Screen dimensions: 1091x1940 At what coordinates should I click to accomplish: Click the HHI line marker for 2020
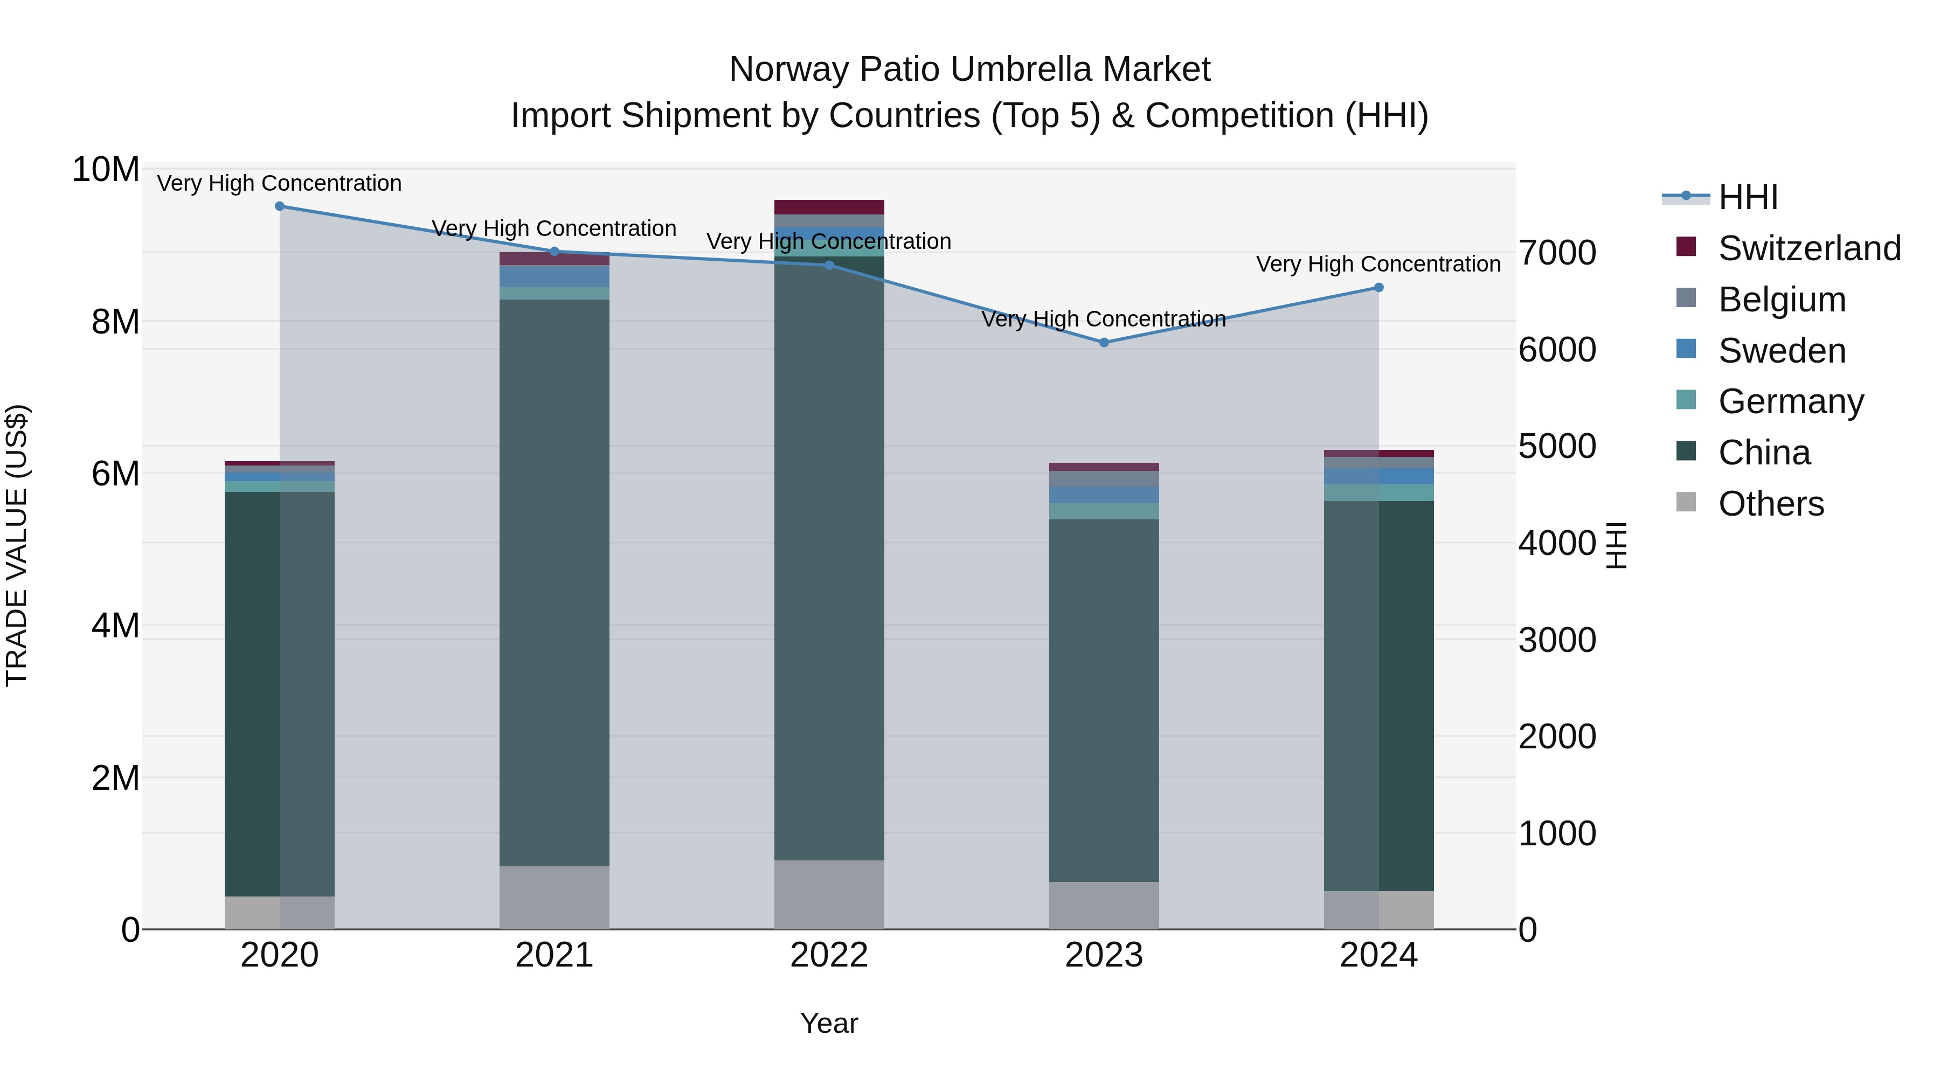click(x=279, y=206)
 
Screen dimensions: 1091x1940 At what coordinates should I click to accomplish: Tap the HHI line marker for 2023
click(x=1104, y=343)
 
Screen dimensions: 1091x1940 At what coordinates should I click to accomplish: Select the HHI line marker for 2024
click(x=1379, y=288)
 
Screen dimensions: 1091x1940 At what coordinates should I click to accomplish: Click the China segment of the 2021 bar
click(x=555, y=583)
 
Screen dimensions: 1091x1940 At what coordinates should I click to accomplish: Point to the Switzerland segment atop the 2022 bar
click(x=829, y=207)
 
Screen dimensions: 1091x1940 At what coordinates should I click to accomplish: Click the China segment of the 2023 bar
click(x=1104, y=700)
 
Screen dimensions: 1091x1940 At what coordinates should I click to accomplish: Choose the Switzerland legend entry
click(x=1809, y=248)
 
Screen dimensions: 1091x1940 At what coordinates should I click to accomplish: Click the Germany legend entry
click(x=1791, y=401)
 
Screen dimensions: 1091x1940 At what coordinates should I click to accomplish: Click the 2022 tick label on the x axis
click(x=829, y=955)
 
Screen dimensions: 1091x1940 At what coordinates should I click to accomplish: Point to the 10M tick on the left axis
click(x=106, y=170)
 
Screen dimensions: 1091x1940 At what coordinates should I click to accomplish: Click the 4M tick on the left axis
click(x=115, y=626)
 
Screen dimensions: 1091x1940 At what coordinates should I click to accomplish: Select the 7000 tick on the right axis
click(x=1557, y=253)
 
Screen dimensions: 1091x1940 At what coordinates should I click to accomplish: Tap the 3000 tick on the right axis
click(x=1557, y=641)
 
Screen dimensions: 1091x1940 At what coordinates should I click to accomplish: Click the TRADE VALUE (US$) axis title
click(x=17, y=545)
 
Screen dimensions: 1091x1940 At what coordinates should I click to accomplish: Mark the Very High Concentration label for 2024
click(x=1378, y=265)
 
